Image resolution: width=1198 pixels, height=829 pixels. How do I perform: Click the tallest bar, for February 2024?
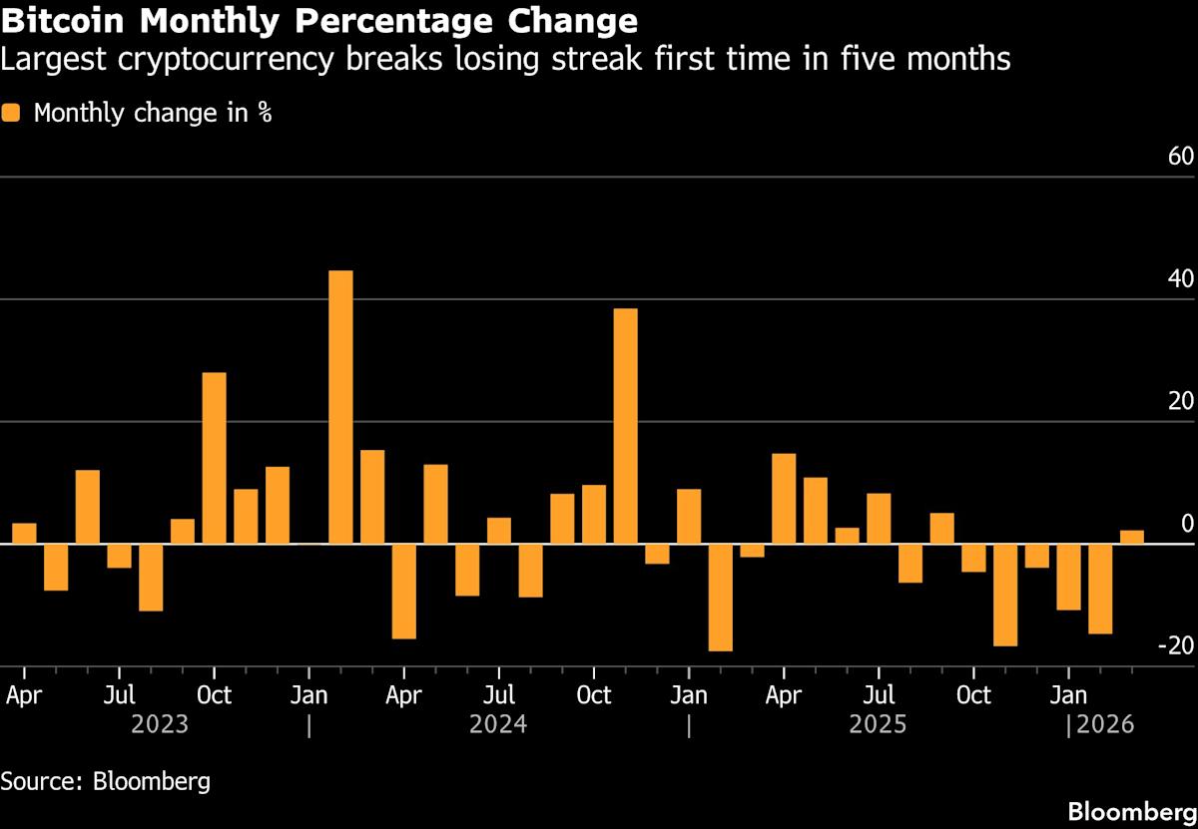340,407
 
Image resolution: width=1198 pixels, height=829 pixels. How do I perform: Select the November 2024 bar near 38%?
625,426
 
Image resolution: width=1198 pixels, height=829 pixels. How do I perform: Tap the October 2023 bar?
214,458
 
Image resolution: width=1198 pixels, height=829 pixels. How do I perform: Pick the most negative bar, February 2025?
720,598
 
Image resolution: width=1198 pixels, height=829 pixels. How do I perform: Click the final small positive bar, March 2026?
1131,537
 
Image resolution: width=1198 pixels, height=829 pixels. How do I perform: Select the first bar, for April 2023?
24,534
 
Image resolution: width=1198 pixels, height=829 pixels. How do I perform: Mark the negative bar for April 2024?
403,591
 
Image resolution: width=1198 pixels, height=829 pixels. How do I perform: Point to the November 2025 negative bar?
1005,595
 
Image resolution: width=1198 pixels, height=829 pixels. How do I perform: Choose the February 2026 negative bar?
1100,589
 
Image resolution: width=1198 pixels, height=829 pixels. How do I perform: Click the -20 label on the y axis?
1174,646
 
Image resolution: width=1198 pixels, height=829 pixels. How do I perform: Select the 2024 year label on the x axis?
498,723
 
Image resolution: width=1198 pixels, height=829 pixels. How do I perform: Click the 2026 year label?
1105,723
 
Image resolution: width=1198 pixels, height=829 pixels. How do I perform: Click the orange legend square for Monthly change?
11,113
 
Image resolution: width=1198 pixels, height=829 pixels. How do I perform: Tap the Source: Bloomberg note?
106,780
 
